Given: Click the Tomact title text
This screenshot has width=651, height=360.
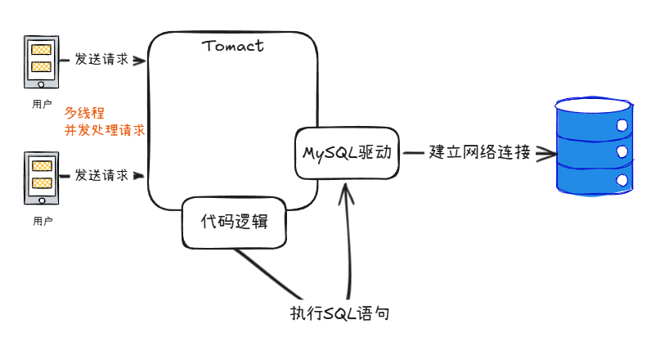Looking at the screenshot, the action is (232, 46).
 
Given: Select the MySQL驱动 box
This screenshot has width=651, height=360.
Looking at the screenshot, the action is (346, 153).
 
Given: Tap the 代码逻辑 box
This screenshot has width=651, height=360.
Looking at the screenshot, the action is (234, 222).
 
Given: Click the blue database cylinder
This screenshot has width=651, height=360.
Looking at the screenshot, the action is (594, 146).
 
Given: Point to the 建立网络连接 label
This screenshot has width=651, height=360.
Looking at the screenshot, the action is (479, 152).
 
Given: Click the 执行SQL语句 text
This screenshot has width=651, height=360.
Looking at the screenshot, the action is (336, 313).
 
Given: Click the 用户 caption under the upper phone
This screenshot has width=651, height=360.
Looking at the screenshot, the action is (42, 105).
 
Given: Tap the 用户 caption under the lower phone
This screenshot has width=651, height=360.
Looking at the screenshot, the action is (43, 221).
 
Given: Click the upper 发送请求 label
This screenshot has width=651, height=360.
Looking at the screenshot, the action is (101, 59).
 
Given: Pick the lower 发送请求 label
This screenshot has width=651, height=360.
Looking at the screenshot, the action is (101, 174).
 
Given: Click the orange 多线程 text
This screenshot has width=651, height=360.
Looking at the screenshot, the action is (84, 113).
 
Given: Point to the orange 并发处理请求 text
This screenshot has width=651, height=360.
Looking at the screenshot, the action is (105, 129).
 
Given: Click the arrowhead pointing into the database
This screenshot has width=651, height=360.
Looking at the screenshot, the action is (544, 153).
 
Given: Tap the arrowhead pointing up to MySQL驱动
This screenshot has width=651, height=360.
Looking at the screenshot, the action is (347, 190).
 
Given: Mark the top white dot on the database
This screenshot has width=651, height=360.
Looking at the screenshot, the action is (622, 126).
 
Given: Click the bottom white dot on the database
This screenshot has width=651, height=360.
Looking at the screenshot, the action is (622, 178).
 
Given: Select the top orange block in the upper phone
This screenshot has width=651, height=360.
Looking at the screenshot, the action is (42, 51).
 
